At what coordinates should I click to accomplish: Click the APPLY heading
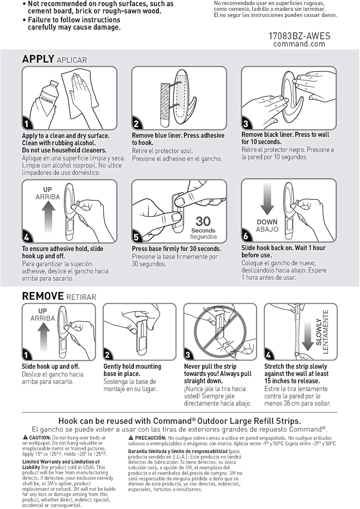point(38,59)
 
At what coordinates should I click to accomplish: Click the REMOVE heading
point(43,296)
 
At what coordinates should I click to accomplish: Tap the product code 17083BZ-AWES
point(299,36)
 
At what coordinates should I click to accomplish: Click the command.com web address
point(299,44)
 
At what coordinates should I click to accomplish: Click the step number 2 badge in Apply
point(136,124)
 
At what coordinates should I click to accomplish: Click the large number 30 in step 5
point(203,221)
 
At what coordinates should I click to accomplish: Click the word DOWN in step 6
point(267,222)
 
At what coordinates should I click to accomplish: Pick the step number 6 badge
point(246,236)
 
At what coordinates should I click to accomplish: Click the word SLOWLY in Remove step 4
point(319,332)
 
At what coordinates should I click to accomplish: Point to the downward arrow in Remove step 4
point(307,337)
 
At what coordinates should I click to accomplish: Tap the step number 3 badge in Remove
point(188,355)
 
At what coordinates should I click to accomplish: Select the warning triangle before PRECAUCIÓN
point(131,437)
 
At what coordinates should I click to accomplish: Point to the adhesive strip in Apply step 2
point(166,105)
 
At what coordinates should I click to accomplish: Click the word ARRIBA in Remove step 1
point(43,318)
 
